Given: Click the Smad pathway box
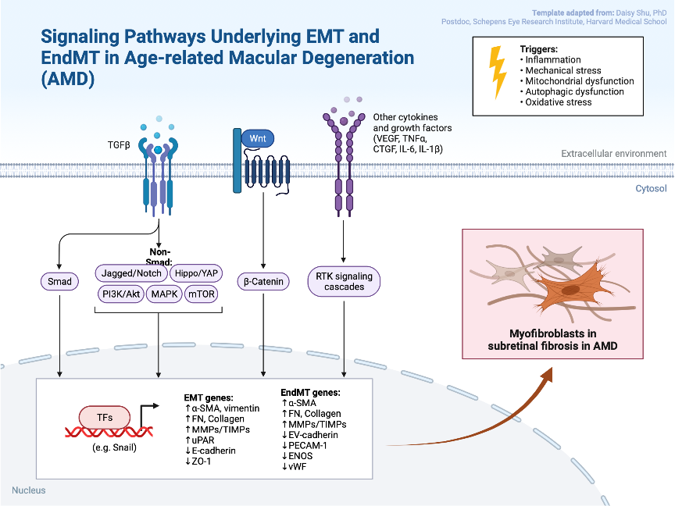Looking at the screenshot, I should click(58, 281).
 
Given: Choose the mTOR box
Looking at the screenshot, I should click(202, 294).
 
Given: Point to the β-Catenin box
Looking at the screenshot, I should click(262, 281).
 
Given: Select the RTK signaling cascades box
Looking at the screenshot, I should click(344, 281).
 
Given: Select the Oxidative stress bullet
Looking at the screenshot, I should click(559, 102).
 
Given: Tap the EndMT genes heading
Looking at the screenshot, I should click(311, 392).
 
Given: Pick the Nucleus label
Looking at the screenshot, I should click(29, 490).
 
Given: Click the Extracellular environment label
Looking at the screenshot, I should click(613, 154).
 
